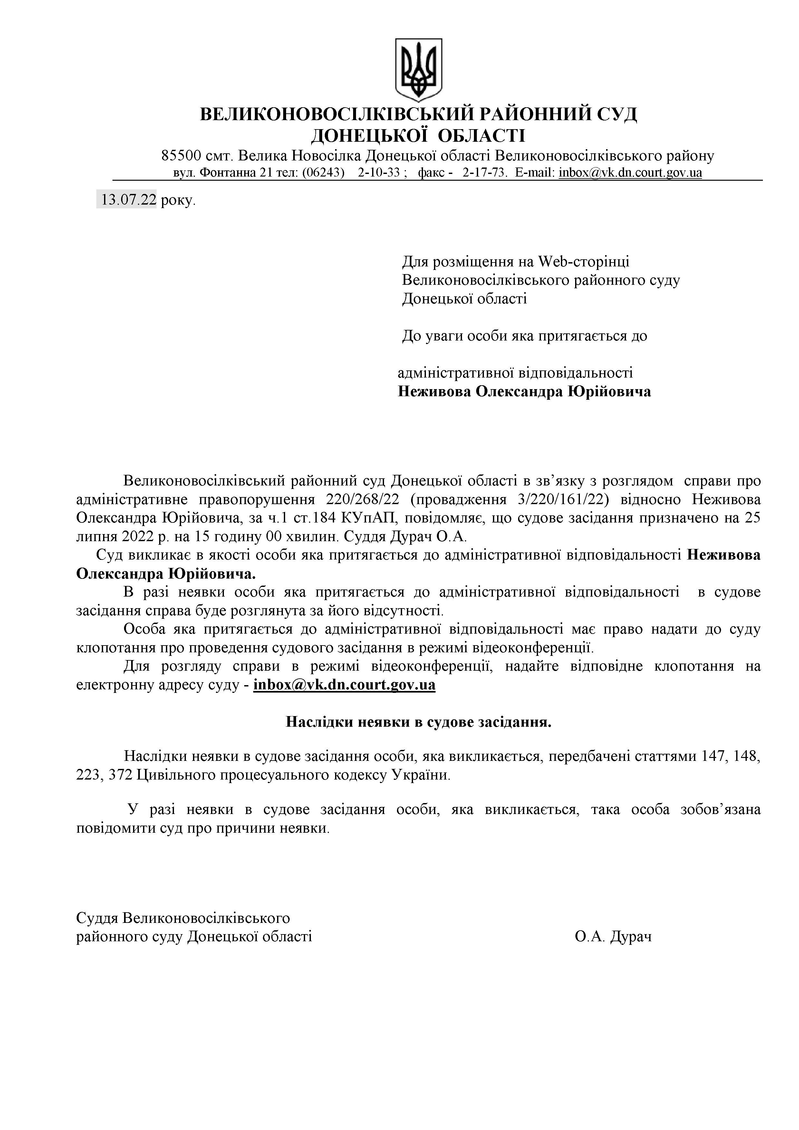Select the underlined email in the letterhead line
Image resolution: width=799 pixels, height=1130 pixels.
630,173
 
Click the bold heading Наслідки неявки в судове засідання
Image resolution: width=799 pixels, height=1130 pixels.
419,722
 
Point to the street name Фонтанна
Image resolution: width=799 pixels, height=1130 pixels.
229,173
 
